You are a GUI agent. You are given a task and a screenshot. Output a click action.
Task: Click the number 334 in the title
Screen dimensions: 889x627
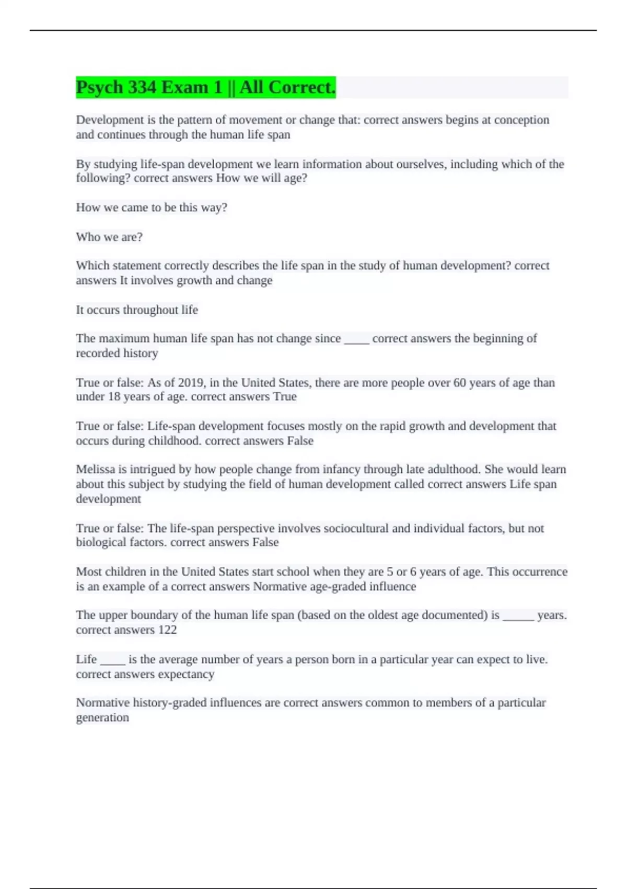pos(142,87)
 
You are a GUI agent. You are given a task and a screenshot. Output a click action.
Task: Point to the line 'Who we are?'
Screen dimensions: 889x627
pos(109,237)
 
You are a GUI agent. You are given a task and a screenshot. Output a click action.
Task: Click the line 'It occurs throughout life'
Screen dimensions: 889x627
pos(137,310)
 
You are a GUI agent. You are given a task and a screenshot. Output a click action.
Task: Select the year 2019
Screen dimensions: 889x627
pos(190,383)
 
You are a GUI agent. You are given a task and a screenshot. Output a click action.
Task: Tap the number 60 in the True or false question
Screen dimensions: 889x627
pos(459,383)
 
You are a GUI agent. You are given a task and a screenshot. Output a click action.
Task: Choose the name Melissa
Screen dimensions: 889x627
pos(95,470)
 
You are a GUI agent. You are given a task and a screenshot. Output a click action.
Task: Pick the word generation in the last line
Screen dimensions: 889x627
pos(102,717)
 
